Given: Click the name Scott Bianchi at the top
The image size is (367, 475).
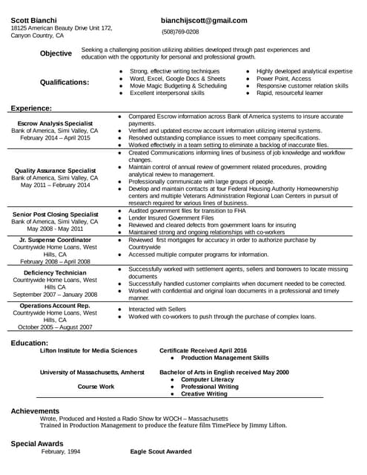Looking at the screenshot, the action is pos(34,19).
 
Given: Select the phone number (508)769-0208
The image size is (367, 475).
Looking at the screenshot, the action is pos(180,32).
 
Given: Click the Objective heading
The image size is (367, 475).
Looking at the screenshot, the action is pos(56,53).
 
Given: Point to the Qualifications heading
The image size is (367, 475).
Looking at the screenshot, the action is pos(65,82).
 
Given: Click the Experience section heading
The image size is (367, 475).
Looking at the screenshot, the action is pos(31,108).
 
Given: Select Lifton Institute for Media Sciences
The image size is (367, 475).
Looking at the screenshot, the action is pos(88,350).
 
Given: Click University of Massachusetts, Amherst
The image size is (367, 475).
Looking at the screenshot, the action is pos(92,372).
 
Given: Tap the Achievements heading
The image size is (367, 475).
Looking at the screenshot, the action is pos(36,410).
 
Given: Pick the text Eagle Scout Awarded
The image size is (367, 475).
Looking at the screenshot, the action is pos(161,451).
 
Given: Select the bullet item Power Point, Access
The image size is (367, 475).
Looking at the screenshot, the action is pos(284,78).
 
